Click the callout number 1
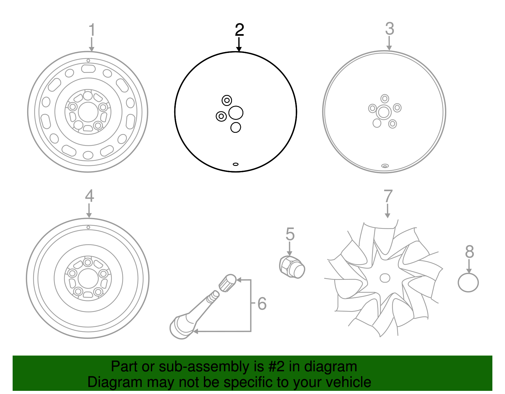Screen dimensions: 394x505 coord(92,30)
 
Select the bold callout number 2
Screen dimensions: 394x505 coord(239,30)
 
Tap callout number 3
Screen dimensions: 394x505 coord(389,29)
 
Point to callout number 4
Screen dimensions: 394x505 coord(89,196)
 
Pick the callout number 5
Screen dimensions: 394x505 coord(290,234)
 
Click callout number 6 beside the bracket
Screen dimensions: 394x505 coord(262,303)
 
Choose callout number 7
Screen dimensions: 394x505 coord(388,196)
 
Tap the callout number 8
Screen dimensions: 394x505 coord(469,252)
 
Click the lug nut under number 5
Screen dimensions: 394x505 coord(292,267)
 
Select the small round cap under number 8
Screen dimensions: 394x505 coord(468,282)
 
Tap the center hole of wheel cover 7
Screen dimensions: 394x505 coord(385,278)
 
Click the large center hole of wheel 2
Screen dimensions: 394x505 coord(236,113)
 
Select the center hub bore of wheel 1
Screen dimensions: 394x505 coord(88,112)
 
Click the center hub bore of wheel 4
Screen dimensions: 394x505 coord(88,279)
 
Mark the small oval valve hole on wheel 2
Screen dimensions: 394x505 coord(235,164)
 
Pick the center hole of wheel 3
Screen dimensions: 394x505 coord(384,112)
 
